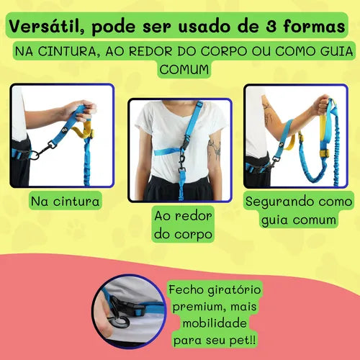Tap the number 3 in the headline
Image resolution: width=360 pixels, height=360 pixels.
[271, 26]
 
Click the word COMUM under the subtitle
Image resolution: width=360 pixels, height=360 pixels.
[184, 70]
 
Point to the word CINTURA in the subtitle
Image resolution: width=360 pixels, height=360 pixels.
[67, 51]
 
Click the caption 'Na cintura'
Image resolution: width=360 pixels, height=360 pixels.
[65, 201]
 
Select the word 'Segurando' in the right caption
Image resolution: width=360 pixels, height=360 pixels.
[278, 202]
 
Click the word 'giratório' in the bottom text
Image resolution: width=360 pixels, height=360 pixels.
[234, 289]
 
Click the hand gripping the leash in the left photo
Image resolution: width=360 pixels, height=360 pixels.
[81, 110]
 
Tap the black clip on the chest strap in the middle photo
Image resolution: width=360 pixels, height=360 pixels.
[183, 142]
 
